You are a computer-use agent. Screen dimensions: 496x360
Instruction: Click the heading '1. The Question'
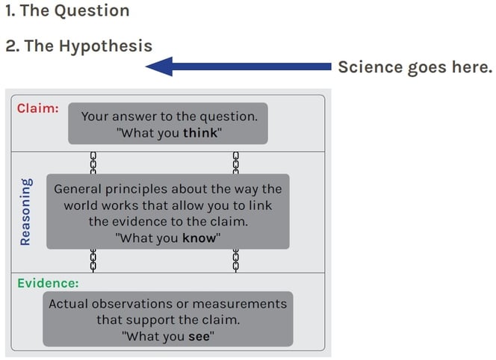[x=67, y=10]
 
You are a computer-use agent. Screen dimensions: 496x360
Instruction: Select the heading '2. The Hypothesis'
[x=79, y=46]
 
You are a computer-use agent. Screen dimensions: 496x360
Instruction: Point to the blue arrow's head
[x=146, y=66]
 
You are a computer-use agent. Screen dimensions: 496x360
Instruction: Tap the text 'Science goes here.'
[x=415, y=67]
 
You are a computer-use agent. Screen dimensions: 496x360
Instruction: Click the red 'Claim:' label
[x=38, y=108]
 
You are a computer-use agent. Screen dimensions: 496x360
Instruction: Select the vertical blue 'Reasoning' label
[x=25, y=212]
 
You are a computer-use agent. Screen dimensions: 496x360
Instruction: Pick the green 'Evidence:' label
[x=48, y=283]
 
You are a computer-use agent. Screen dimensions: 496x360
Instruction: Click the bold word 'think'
[x=200, y=133]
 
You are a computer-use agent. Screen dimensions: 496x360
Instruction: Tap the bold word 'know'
[x=199, y=238]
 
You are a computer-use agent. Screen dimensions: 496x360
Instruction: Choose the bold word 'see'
[x=199, y=336]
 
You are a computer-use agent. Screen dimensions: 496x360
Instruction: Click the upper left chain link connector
[x=93, y=163]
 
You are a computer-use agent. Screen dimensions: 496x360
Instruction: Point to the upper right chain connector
[x=236, y=163]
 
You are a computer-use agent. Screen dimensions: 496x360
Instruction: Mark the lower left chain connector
[x=93, y=261]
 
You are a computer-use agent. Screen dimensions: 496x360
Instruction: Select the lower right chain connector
[x=236, y=261]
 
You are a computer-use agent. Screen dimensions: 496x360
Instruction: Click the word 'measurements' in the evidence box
[x=240, y=304]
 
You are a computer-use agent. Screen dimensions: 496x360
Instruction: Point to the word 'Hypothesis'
[x=105, y=46]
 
